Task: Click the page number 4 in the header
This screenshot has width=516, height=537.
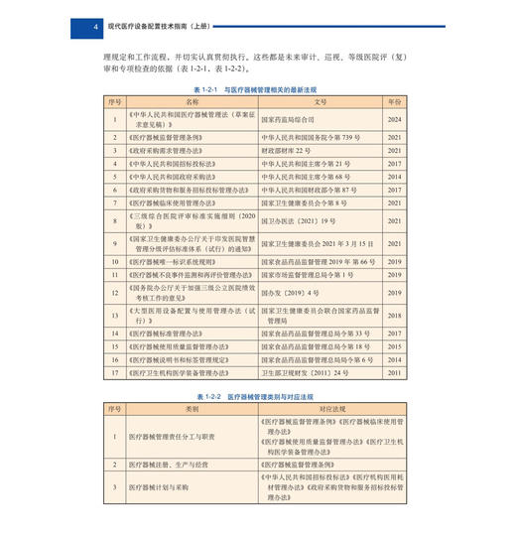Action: click(93, 26)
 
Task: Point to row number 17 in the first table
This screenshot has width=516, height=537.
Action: click(115, 372)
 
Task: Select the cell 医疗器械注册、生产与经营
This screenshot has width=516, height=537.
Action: click(177, 464)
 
